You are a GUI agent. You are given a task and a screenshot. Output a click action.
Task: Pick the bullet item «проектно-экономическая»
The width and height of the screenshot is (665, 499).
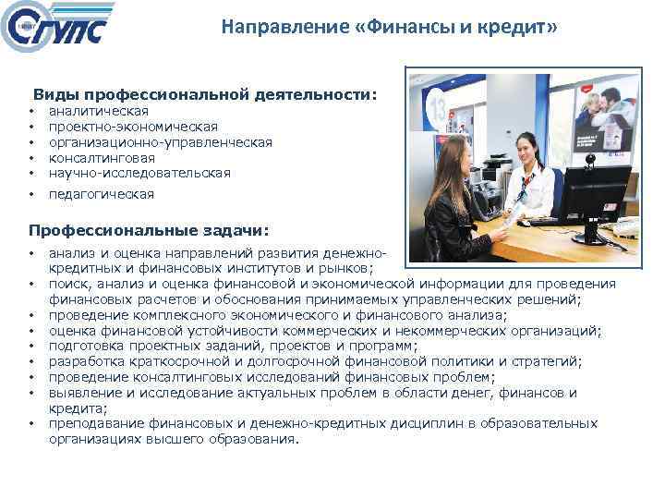pyautogui.click(x=133, y=127)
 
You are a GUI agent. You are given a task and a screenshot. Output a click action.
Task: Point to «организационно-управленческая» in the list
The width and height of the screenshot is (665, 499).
pyautogui.click(x=160, y=141)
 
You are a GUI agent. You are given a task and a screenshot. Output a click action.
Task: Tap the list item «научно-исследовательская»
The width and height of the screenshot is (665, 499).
pyautogui.click(x=139, y=172)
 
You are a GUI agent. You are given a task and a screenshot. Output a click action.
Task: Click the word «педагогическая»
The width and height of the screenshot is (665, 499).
pyautogui.click(x=102, y=194)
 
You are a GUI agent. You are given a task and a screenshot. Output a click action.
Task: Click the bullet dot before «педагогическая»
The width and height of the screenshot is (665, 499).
pyautogui.click(x=31, y=194)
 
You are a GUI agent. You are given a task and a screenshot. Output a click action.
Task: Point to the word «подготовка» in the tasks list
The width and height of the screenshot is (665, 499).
pyautogui.click(x=86, y=346)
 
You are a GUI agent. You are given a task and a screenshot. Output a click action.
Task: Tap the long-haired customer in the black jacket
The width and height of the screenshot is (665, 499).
pyautogui.click(x=457, y=199)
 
